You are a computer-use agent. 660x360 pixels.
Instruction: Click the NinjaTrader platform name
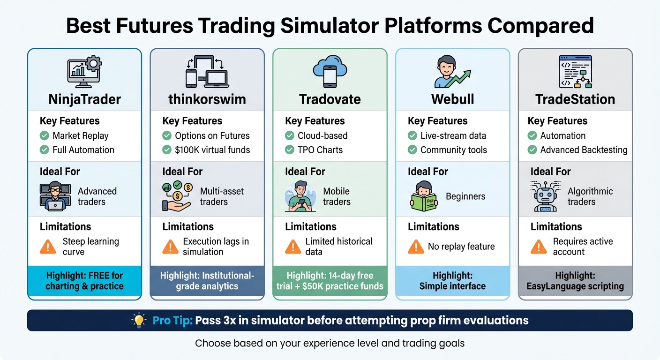click(x=84, y=99)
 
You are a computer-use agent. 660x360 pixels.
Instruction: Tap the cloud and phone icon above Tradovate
click(x=330, y=71)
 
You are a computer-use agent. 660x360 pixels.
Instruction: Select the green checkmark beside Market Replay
click(x=45, y=136)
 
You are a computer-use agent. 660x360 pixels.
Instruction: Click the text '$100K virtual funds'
click(x=212, y=150)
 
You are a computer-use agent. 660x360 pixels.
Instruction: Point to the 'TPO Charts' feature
click(x=320, y=150)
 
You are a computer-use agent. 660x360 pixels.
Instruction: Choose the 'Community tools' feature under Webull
click(x=453, y=150)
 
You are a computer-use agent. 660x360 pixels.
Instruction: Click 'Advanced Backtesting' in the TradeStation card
click(x=584, y=150)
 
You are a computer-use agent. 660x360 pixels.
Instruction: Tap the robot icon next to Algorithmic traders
click(x=544, y=196)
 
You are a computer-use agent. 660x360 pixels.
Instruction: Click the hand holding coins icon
click(x=176, y=196)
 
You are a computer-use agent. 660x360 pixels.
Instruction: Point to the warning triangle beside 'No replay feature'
click(x=416, y=247)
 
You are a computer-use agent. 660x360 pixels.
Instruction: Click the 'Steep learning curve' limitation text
click(x=90, y=247)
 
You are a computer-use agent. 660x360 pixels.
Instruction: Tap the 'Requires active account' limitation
click(x=583, y=247)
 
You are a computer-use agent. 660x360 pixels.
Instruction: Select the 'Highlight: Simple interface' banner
click(x=452, y=281)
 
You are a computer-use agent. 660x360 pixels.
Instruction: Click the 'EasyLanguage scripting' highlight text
click(x=575, y=286)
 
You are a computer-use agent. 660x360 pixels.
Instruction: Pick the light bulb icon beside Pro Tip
click(x=139, y=321)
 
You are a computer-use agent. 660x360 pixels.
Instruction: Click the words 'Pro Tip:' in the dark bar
click(x=172, y=321)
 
